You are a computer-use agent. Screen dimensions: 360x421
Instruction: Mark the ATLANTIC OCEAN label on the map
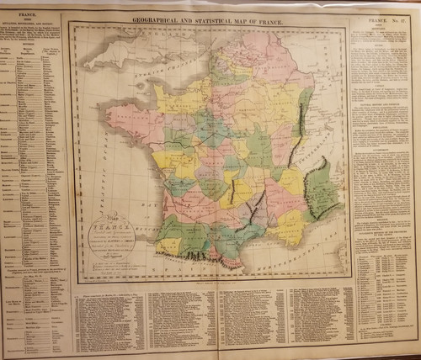click(x=93, y=151)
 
